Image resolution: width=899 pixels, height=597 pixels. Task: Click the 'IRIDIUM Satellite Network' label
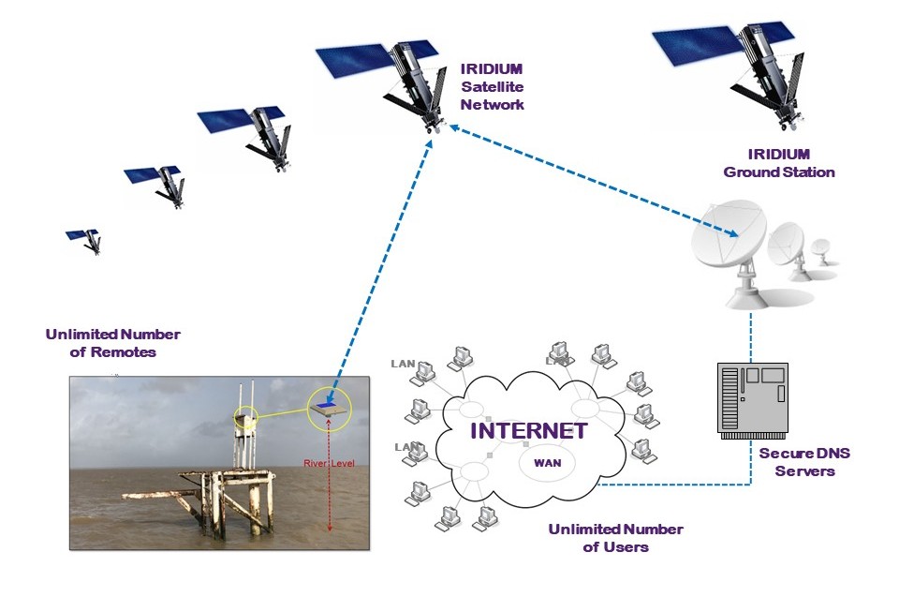click(x=492, y=86)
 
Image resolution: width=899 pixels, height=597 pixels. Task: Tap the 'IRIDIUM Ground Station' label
click(x=779, y=163)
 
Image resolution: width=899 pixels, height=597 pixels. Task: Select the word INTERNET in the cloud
click(x=528, y=432)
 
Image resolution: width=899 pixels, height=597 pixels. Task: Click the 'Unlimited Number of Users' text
click(x=615, y=538)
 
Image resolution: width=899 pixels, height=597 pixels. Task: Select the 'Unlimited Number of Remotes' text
click(x=112, y=343)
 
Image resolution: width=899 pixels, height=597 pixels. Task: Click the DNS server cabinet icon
click(x=752, y=398)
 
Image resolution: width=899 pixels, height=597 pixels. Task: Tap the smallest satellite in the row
click(x=83, y=239)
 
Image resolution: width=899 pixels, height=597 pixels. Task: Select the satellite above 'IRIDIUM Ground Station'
click(x=740, y=66)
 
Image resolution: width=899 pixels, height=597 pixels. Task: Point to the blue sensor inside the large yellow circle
click(x=329, y=407)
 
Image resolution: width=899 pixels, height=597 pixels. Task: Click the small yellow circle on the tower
click(x=246, y=419)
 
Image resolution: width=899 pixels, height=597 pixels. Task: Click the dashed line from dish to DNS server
click(x=752, y=337)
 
